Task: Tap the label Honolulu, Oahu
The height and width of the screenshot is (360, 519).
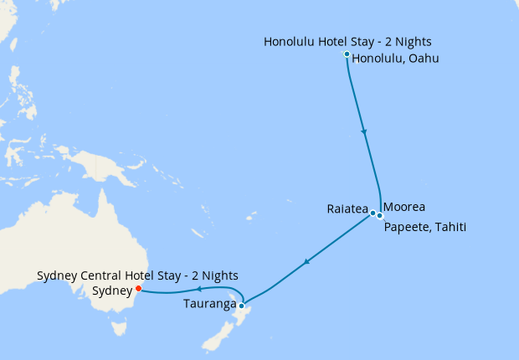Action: point(396,59)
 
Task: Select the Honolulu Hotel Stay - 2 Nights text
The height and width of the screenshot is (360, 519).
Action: point(347,41)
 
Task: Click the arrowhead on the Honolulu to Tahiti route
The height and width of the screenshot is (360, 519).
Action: point(363,131)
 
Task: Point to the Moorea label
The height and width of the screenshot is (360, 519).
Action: point(404,207)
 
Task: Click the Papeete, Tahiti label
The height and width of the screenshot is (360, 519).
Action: point(424,227)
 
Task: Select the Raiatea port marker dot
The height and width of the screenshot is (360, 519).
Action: point(373,213)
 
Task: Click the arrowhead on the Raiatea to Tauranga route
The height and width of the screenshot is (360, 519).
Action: point(307,263)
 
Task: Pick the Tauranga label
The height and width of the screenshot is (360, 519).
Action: point(208,304)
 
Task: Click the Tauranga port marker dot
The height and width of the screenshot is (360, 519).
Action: point(241,306)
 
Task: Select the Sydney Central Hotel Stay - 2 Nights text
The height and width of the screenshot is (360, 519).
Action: point(137,275)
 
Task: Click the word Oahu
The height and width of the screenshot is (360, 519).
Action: point(423,59)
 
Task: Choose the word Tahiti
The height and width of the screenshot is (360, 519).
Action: point(449,227)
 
